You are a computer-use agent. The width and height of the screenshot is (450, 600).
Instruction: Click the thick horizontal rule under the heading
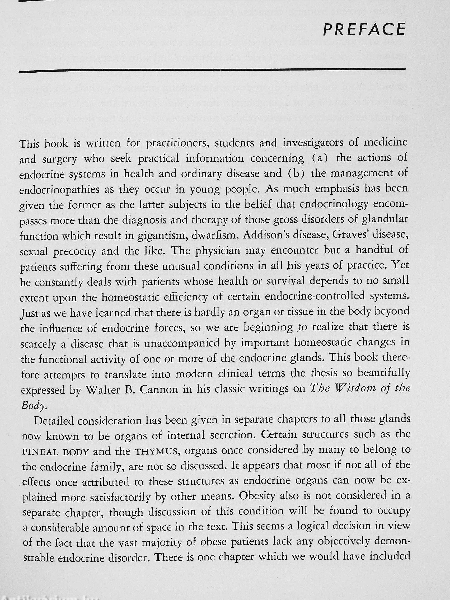pyautogui.click(x=212, y=70)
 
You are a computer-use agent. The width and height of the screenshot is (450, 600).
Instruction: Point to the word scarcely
pyautogui.click(x=38, y=344)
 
